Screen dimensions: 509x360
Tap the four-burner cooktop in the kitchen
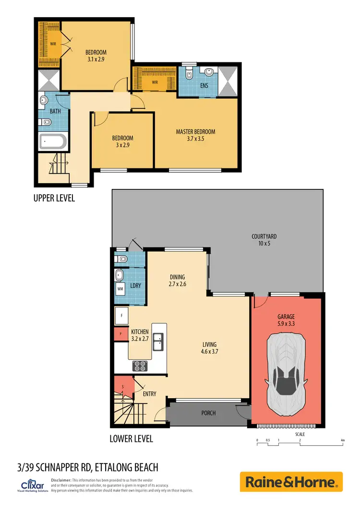pos(140,366)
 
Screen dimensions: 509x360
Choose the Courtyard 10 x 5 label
pos(264,240)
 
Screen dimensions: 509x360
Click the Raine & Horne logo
pos(291,482)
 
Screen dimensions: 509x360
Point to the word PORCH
pos(208,413)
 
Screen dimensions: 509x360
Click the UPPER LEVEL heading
pos(54,198)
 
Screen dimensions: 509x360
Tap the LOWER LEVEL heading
pos(131,438)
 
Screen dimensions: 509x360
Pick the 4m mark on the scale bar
pos(342,440)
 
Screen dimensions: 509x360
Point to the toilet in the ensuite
pos(189,74)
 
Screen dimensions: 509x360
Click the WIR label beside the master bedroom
pos(155,82)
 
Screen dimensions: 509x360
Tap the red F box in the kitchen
pos(120,333)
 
